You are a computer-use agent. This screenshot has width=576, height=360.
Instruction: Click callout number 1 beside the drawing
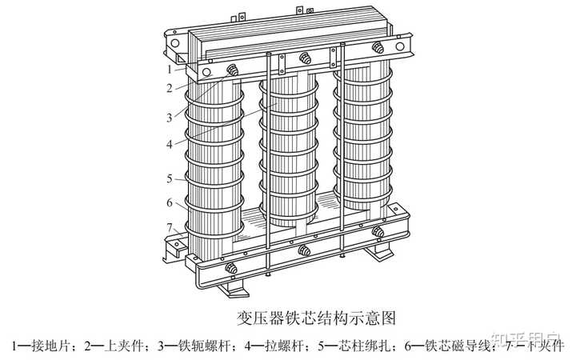(x=170, y=69)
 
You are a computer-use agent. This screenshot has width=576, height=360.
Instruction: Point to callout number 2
(x=170, y=89)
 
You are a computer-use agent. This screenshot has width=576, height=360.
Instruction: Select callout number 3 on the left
(x=170, y=117)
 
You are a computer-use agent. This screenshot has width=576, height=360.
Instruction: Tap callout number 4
(x=170, y=144)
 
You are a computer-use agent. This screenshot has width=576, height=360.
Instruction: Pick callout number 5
(x=170, y=178)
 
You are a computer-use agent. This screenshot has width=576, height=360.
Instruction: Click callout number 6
(x=170, y=202)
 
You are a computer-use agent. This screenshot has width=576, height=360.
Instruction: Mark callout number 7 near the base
(x=170, y=226)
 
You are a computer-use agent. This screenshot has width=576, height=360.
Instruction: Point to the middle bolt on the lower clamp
(x=303, y=250)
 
